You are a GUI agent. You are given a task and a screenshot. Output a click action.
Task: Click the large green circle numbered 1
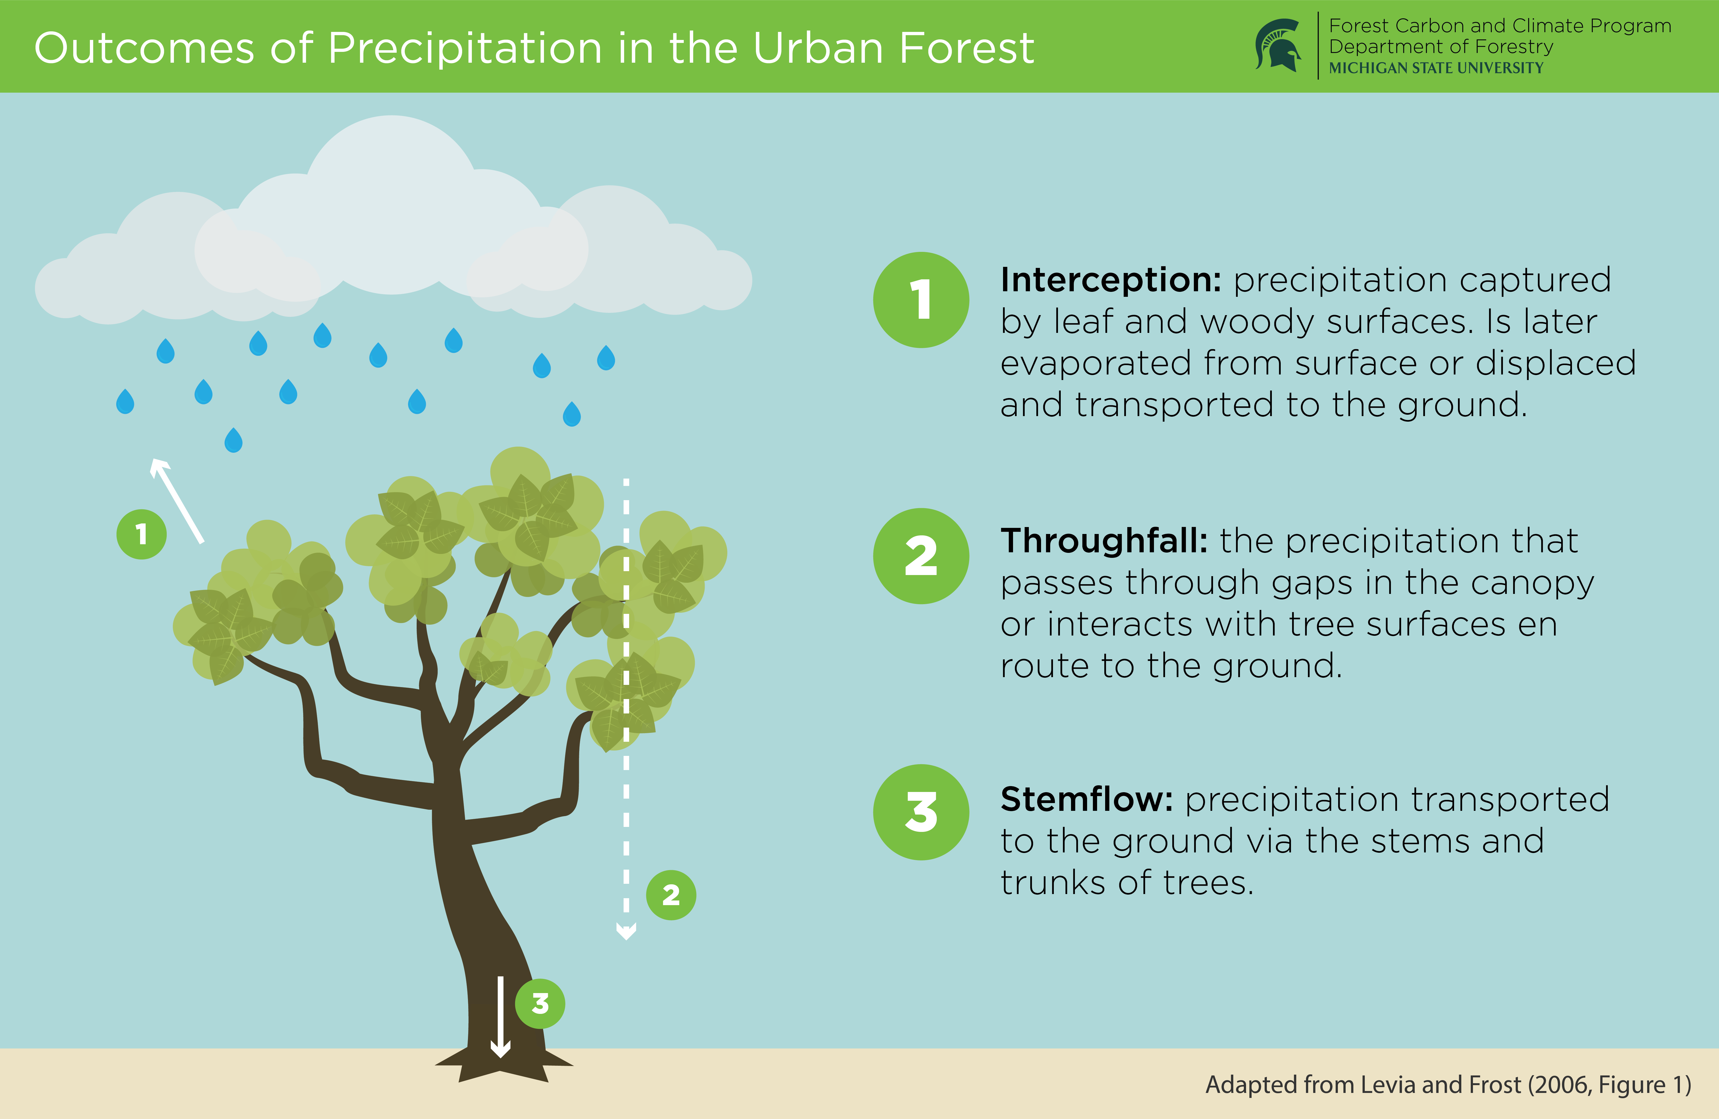(921, 300)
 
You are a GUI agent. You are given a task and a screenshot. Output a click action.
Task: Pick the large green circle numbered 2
(921, 556)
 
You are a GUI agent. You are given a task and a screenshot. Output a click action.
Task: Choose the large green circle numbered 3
(921, 812)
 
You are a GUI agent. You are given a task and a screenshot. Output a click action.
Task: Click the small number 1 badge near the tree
(141, 535)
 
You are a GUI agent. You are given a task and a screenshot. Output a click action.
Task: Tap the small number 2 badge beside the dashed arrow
(671, 895)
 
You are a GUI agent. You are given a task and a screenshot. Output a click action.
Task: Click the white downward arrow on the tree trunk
(500, 1016)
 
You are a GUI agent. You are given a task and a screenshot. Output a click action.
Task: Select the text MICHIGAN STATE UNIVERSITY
(1436, 68)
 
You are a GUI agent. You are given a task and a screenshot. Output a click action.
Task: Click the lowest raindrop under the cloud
(233, 440)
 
